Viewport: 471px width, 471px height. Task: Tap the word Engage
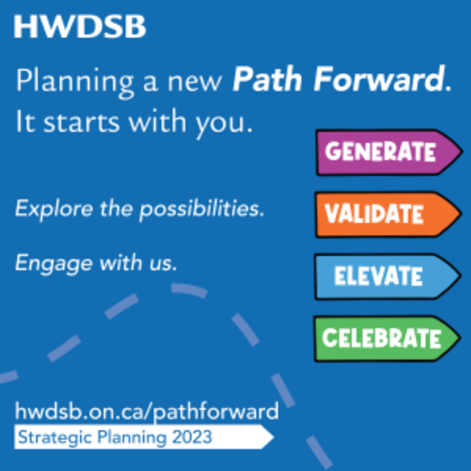(x=46, y=262)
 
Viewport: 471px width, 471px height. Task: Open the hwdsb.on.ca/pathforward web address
(x=146, y=410)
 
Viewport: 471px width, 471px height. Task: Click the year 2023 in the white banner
(x=192, y=438)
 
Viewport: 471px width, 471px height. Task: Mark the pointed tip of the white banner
(x=273, y=438)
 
